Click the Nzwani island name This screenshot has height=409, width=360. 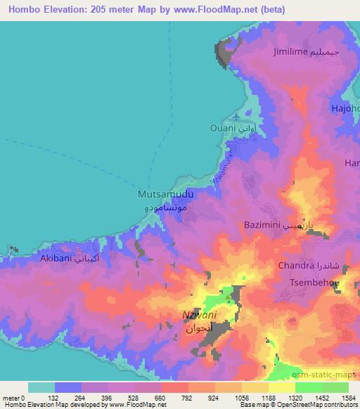196,316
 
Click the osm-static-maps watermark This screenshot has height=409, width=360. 326,376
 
